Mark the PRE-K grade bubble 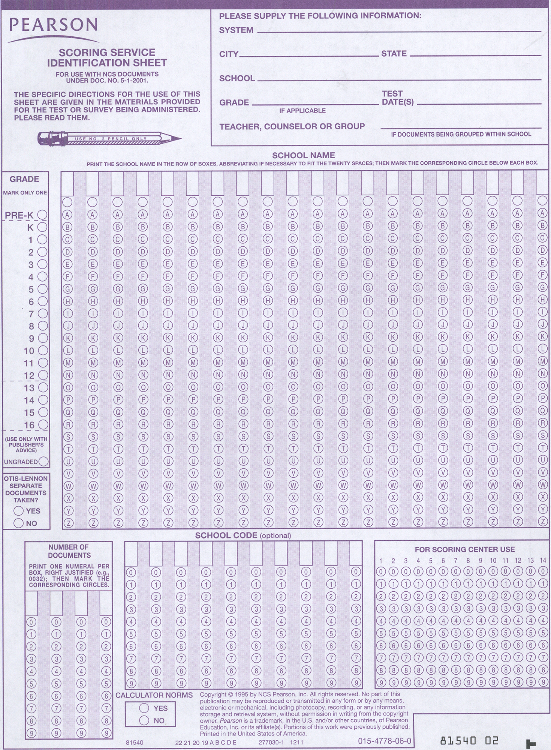coord(43,215)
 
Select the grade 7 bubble coord(43,313)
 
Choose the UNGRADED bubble coord(43,462)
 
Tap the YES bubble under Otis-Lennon coord(18,511)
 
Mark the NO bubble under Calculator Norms coord(144,720)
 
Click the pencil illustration coord(109,138)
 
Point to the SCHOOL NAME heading coord(303,155)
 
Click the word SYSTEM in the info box coord(236,30)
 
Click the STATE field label coord(394,54)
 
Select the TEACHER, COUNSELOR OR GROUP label coord(292,126)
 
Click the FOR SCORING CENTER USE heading coord(464,549)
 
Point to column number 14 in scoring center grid coord(543,561)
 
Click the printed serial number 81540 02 coord(469,741)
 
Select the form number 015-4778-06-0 coord(384,741)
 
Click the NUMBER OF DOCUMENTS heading coord(69,551)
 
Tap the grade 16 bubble coord(43,425)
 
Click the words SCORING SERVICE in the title coord(107,52)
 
